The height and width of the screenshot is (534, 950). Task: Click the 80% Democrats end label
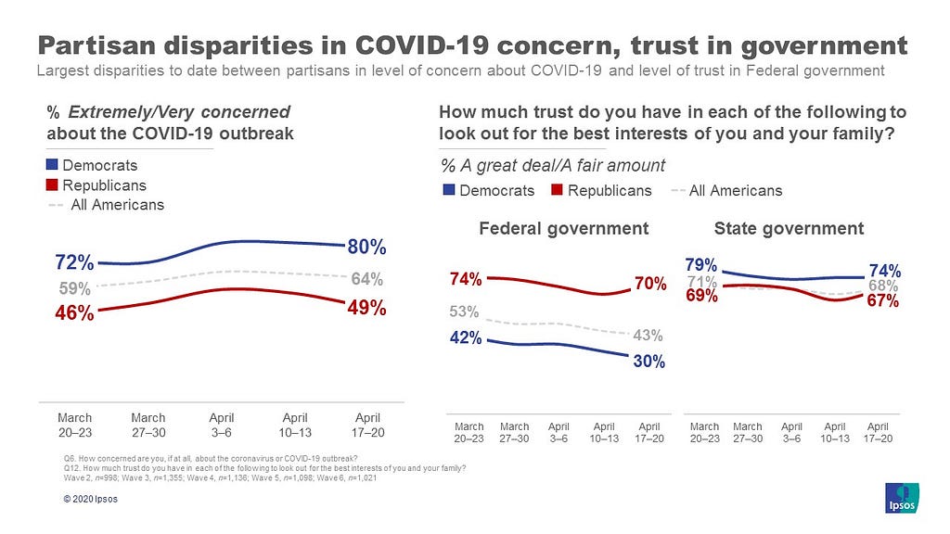pos(367,248)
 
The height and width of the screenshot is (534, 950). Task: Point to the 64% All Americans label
pos(367,278)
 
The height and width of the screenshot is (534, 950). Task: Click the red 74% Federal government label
pos(465,277)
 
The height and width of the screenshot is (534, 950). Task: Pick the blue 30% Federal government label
pos(648,362)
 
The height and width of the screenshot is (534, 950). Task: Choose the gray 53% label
pos(466,311)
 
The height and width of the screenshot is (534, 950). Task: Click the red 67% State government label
pos(882,302)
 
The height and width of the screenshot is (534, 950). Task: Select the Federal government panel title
pos(563,228)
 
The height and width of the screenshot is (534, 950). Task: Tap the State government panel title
pos(789,228)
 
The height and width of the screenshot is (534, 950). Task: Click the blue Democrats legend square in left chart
pos(52,165)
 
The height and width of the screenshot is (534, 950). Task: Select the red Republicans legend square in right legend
pos(558,190)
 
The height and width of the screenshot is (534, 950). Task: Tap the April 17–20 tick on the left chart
pos(368,424)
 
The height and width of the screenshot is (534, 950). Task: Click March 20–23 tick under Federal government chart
pos(469,433)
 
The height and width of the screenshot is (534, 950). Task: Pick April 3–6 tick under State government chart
pos(791,433)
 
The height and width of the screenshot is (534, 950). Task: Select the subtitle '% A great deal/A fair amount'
pos(552,166)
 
